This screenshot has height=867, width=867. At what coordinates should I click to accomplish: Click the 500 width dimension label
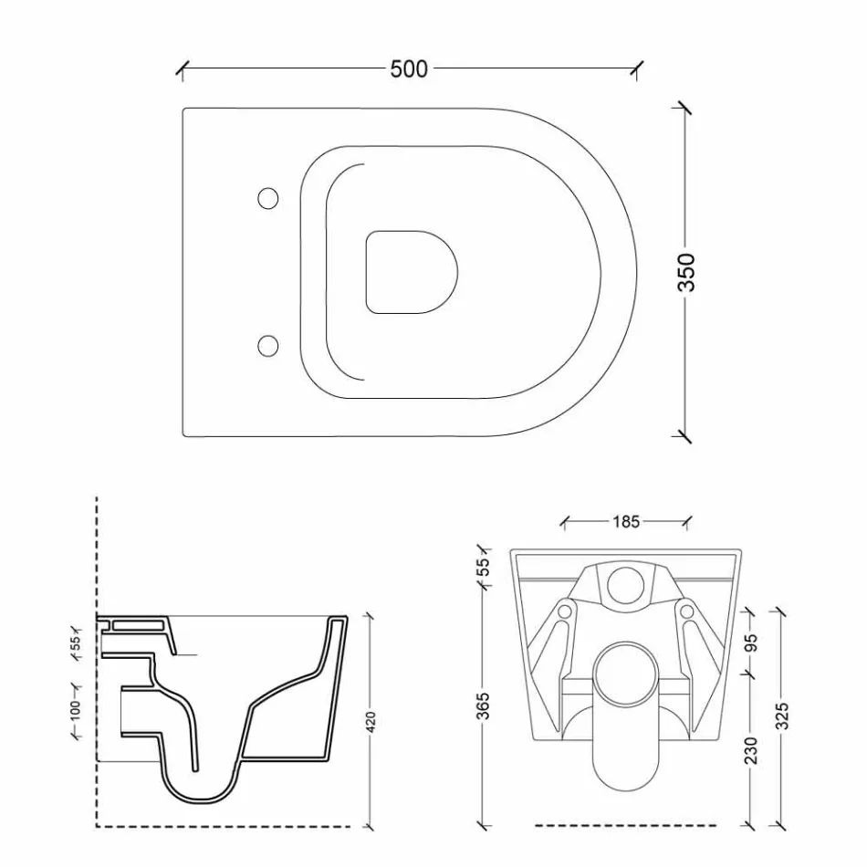point(409,68)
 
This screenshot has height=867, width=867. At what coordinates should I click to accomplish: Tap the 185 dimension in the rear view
point(626,522)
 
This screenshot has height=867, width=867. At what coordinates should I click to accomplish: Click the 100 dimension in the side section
point(75,708)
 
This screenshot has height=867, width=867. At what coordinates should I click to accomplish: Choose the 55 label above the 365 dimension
point(484,567)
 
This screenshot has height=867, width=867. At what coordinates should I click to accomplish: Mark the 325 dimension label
point(781,717)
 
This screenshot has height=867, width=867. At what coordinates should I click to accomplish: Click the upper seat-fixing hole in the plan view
point(268,197)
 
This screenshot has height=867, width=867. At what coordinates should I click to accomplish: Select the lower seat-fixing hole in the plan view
point(268,344)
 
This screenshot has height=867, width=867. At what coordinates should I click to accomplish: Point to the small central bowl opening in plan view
point(410,272)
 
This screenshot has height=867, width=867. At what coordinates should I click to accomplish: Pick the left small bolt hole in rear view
point(566,610)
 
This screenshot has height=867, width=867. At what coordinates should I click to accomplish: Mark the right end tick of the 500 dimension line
point(637,68)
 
